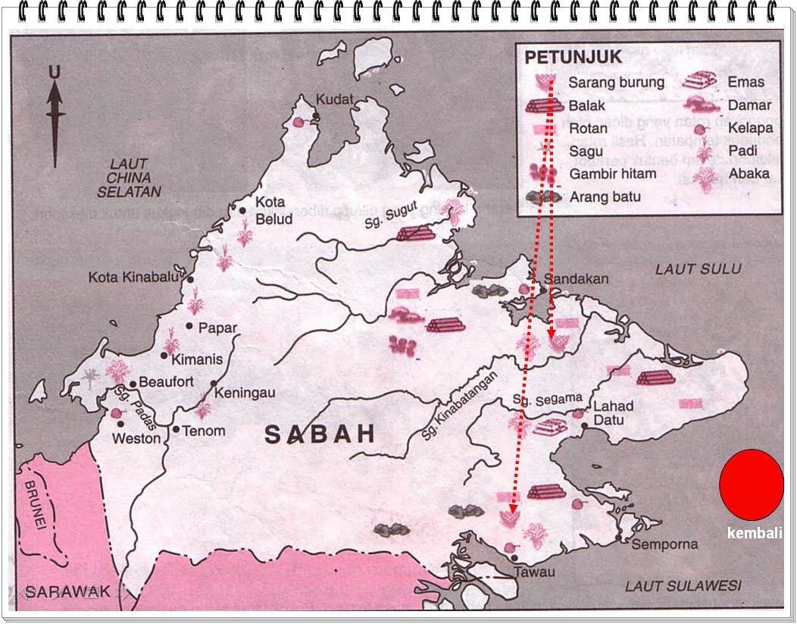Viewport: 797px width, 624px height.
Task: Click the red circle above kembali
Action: coord(751,484)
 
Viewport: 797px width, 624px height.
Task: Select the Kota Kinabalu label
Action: coord(133,278)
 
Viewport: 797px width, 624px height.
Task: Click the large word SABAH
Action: coord(320,434)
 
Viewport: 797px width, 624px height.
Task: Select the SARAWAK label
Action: coord(67,591)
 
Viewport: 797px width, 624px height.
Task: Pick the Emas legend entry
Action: coord(745,82)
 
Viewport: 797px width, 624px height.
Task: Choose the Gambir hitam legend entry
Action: coord(611,174)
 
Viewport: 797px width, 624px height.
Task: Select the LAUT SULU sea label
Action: coord(698,268)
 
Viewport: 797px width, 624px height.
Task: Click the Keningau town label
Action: coord(244,394)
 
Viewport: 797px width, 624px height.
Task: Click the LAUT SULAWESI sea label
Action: coord(683,585)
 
